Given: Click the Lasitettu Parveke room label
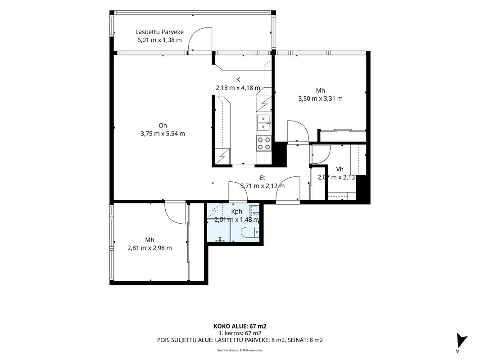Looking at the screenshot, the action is click(159, 32).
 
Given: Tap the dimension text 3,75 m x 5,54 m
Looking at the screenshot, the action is click(163, 134).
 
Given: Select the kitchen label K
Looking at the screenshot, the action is click(238, 80).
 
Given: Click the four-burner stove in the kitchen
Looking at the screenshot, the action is click(264, 143).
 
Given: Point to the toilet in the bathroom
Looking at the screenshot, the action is click(250, 233).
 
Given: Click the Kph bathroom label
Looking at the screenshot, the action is click(237, 211).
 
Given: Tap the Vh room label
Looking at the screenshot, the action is click(340, 169).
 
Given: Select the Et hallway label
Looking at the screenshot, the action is click(263, 178).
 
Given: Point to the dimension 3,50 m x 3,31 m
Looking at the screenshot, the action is click(320, 99).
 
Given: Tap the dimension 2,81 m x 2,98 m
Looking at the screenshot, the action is click(149, 248).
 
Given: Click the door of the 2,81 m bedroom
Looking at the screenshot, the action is click(175, 212).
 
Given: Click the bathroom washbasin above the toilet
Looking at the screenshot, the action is click(254, 211).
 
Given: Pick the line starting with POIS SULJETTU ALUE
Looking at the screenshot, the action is click(240, 340).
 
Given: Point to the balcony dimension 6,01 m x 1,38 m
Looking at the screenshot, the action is click(159, 40).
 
